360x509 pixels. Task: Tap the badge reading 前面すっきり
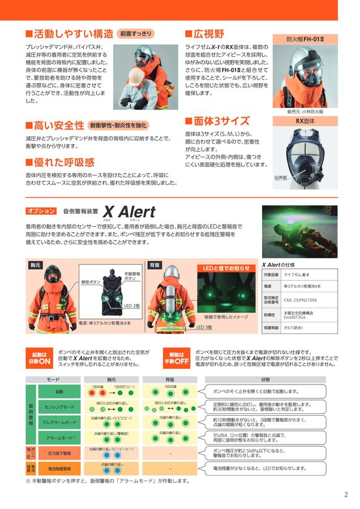(x=136, y=33)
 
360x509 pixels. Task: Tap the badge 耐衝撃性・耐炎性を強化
(x=119, y=125)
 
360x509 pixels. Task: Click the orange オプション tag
(x=41, y=211)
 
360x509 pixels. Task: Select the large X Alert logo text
(x=129, y=212)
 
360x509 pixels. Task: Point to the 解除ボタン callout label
(x=90, y=281)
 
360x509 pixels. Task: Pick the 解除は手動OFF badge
(x=177, y=357)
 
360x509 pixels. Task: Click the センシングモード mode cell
(x=59, y=407)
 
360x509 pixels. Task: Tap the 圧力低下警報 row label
(x=59, y=453)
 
